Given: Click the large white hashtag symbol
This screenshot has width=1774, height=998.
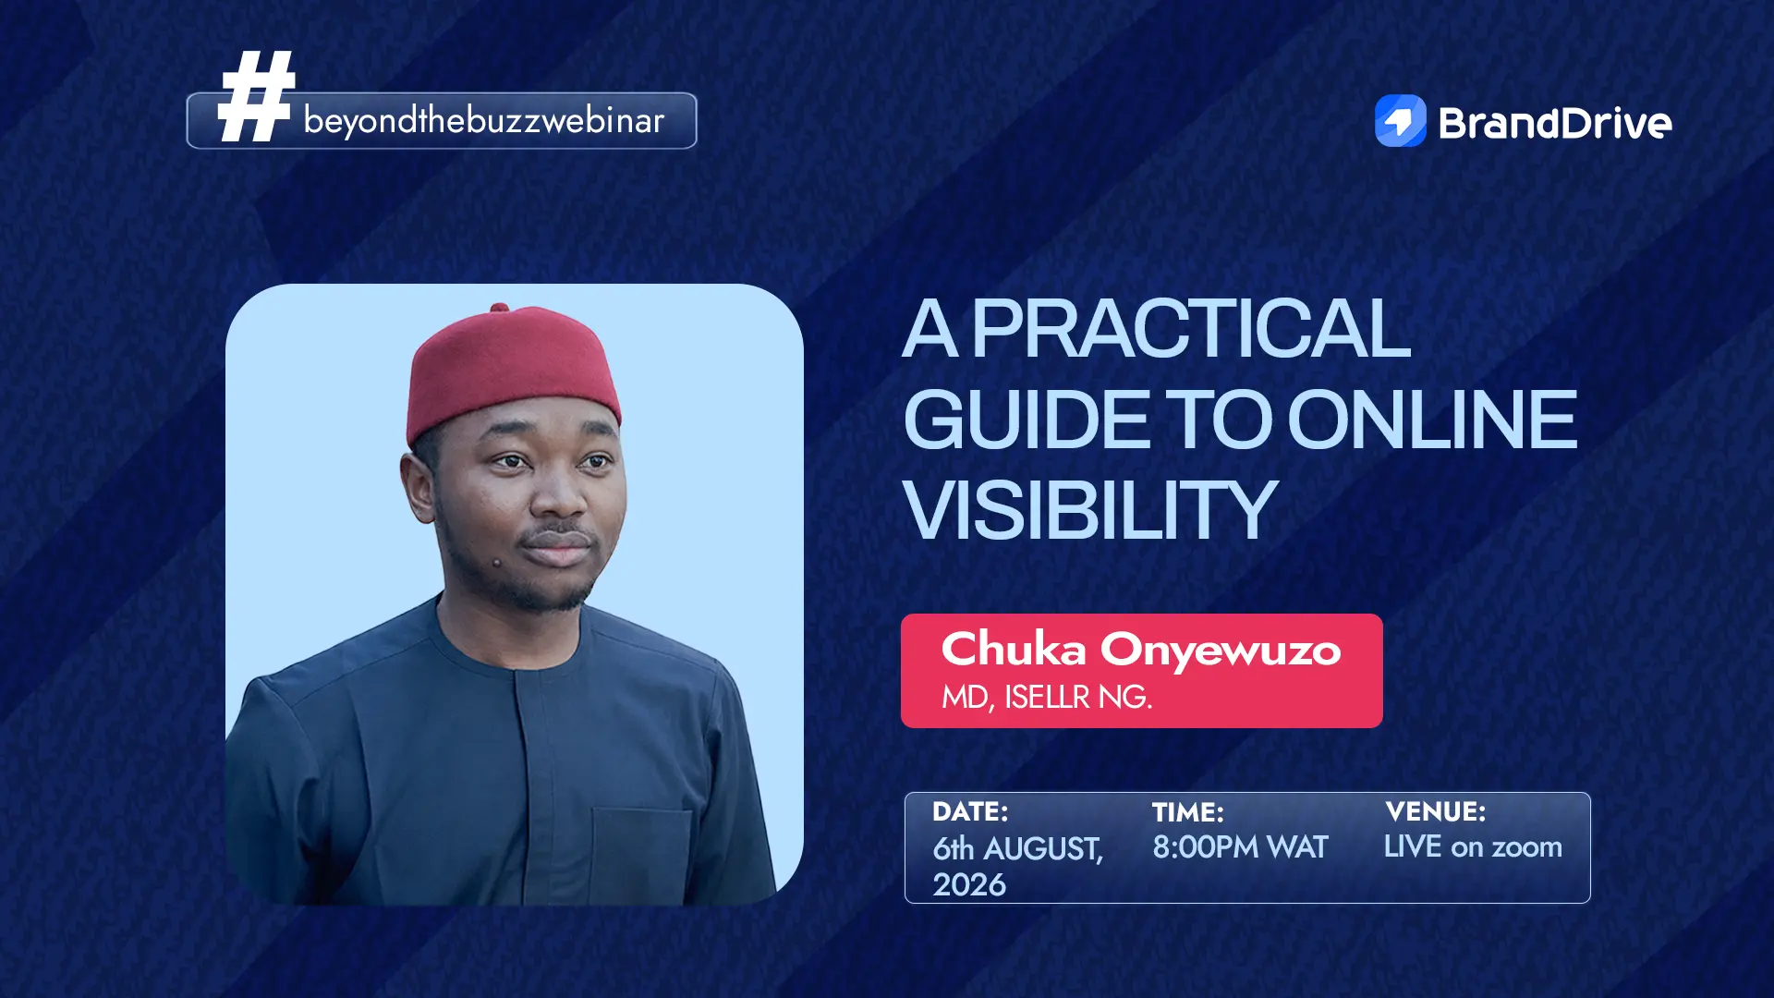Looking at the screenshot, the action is click(x=256, y=96).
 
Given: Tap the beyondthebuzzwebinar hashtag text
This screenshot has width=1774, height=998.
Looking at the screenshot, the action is click(x=483, y=121).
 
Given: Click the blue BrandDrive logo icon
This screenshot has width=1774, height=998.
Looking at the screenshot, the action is click(x=1401, y=121).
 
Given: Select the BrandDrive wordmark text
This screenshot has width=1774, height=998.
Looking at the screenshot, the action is click(x=1555, y=123).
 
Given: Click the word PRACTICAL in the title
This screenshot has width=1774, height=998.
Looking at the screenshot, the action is click(x=1191, y=328).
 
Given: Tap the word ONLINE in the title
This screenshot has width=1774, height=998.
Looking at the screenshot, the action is click(x=1432, y=420).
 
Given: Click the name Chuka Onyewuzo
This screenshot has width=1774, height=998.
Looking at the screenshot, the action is click(x=1141, y=649).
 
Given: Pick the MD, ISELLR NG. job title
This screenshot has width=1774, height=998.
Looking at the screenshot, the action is click(x=1047, y=697).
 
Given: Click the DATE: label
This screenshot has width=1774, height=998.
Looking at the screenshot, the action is click(x=970, y=811).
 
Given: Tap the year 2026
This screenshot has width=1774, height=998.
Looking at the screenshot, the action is click(x=969, y=884).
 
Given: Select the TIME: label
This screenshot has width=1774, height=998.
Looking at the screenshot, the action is click(x=1188, y=812).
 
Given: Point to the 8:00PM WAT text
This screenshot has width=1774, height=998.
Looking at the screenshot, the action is click(x=1240, y=846).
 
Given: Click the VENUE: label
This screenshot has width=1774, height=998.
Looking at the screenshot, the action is click(x=1436, y=811).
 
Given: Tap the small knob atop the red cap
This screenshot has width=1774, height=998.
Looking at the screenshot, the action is click(x=500, y=308).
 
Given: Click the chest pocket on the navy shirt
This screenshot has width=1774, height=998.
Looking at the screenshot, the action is click(x=641, y=855).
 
